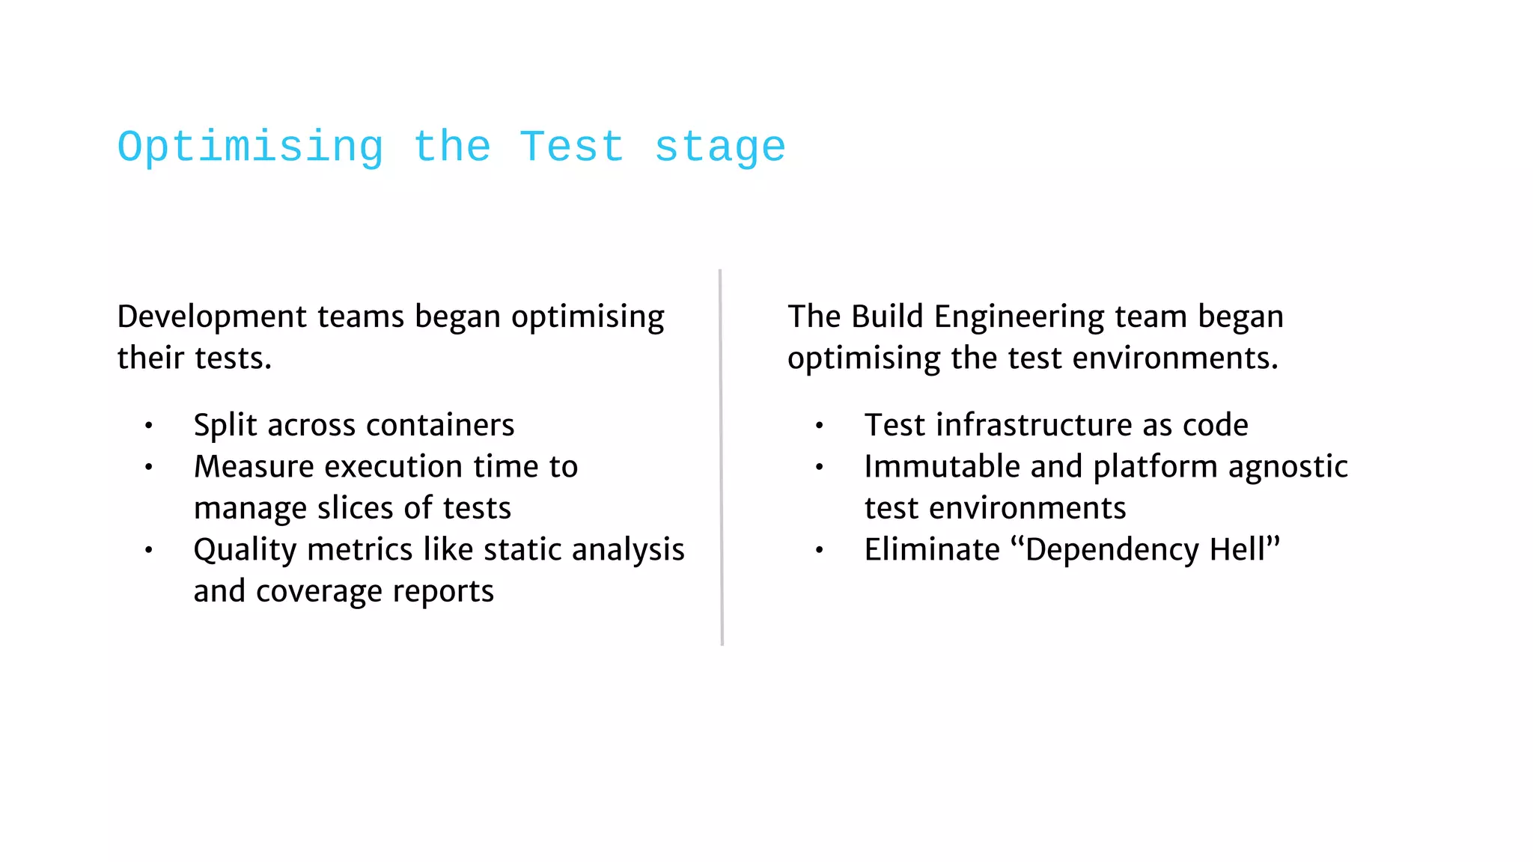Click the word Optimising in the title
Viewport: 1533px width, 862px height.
[x=250, y=147]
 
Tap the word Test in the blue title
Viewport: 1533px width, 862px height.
[x=572, y=147]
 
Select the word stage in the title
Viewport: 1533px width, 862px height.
[x=720, y=147]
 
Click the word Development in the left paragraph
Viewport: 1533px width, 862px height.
[x=212, y=317]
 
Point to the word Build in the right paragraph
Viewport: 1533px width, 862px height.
[x=887, y=317]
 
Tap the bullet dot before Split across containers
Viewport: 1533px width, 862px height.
[x=149, y=426]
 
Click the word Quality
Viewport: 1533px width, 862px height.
[x=246, y=551]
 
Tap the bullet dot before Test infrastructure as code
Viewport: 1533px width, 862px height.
[x=820, y=426]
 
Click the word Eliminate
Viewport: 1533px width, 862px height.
[x=932, y=550]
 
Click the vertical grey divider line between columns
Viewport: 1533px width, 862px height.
[x=721, y=456]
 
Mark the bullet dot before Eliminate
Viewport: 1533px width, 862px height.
[x=820, y=551]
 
